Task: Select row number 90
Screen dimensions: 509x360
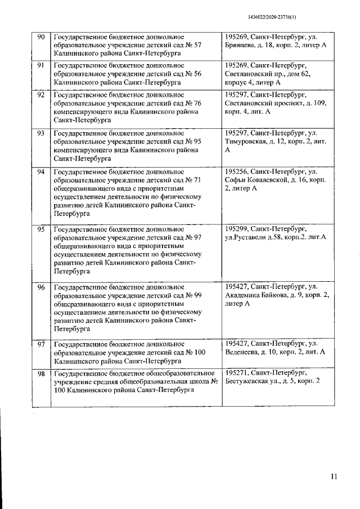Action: [x=41, y=37]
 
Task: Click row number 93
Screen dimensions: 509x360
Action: [x=41, y=133]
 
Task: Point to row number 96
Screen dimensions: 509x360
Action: [x=41, y=287]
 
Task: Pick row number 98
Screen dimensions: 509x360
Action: [x=41, y=373]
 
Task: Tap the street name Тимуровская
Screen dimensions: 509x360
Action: [x=247, y=141]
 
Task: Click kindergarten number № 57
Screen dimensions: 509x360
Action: [x=195, y=45]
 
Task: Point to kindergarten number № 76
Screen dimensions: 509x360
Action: [x=195, y=103]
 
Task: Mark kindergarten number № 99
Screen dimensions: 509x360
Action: [x=195, y=295]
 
